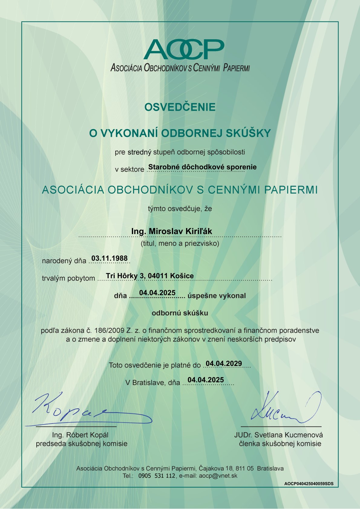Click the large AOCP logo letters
pos(184,50)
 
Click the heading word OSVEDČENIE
pos(180,107)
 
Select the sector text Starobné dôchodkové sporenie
pos(202,167)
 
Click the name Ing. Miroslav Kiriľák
pos(172,231)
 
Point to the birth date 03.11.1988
pos(110,258)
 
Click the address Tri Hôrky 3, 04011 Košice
pos(150,276)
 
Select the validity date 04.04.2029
pos(224,364)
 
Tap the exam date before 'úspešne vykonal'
pos(157,293)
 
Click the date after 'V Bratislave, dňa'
pos(206,380)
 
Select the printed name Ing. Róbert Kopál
pos(80,435)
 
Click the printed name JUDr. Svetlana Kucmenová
pos(278,435)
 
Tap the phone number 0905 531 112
pos(157,475)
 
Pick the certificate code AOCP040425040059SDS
pos(309,484)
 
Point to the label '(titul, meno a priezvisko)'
pos(180,243)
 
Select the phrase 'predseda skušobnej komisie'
pos(82,444)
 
